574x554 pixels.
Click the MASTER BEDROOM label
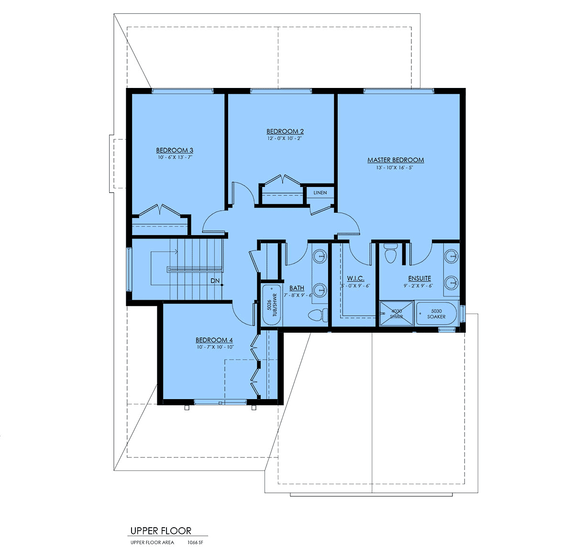pos(396,160)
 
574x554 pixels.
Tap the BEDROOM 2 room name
pos(285,131)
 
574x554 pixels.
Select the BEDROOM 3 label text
pos(175,151)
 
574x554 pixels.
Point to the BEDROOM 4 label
pos(214,340)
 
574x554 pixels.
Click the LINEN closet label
pos(320,193)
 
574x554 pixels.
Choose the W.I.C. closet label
pos(355,278)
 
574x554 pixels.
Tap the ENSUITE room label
pos(419,278)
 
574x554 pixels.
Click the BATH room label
pos(297,288)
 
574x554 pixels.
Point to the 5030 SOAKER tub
pos(436,314)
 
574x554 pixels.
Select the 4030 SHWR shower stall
pos(397,314)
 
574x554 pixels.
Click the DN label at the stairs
pos(215,281)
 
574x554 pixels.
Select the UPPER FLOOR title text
pos(161,531)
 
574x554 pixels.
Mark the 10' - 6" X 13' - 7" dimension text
pos(175,157)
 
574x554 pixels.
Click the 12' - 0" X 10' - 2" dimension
pos(285,139)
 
